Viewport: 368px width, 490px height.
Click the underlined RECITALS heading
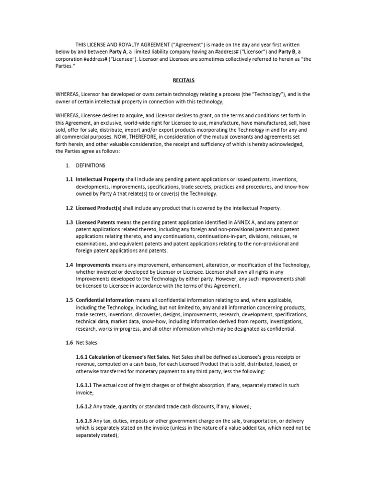[184, 81]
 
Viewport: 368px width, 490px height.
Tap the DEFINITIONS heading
[91, 165]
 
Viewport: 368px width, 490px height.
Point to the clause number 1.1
[69, 179]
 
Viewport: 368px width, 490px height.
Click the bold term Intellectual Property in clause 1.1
[100, 179]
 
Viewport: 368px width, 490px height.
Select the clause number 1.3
[69, 223]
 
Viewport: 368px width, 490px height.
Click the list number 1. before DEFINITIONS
[68, 165]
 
